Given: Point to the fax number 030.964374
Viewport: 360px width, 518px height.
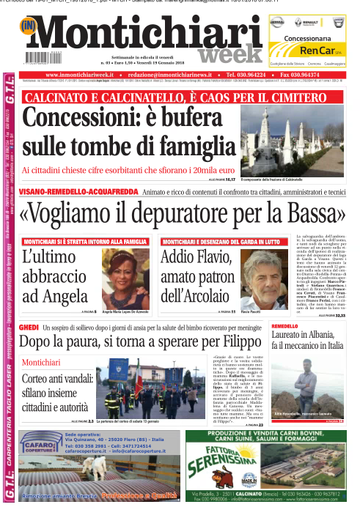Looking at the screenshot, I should [317, 75].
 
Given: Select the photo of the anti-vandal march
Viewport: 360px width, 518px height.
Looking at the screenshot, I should [140, 385].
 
